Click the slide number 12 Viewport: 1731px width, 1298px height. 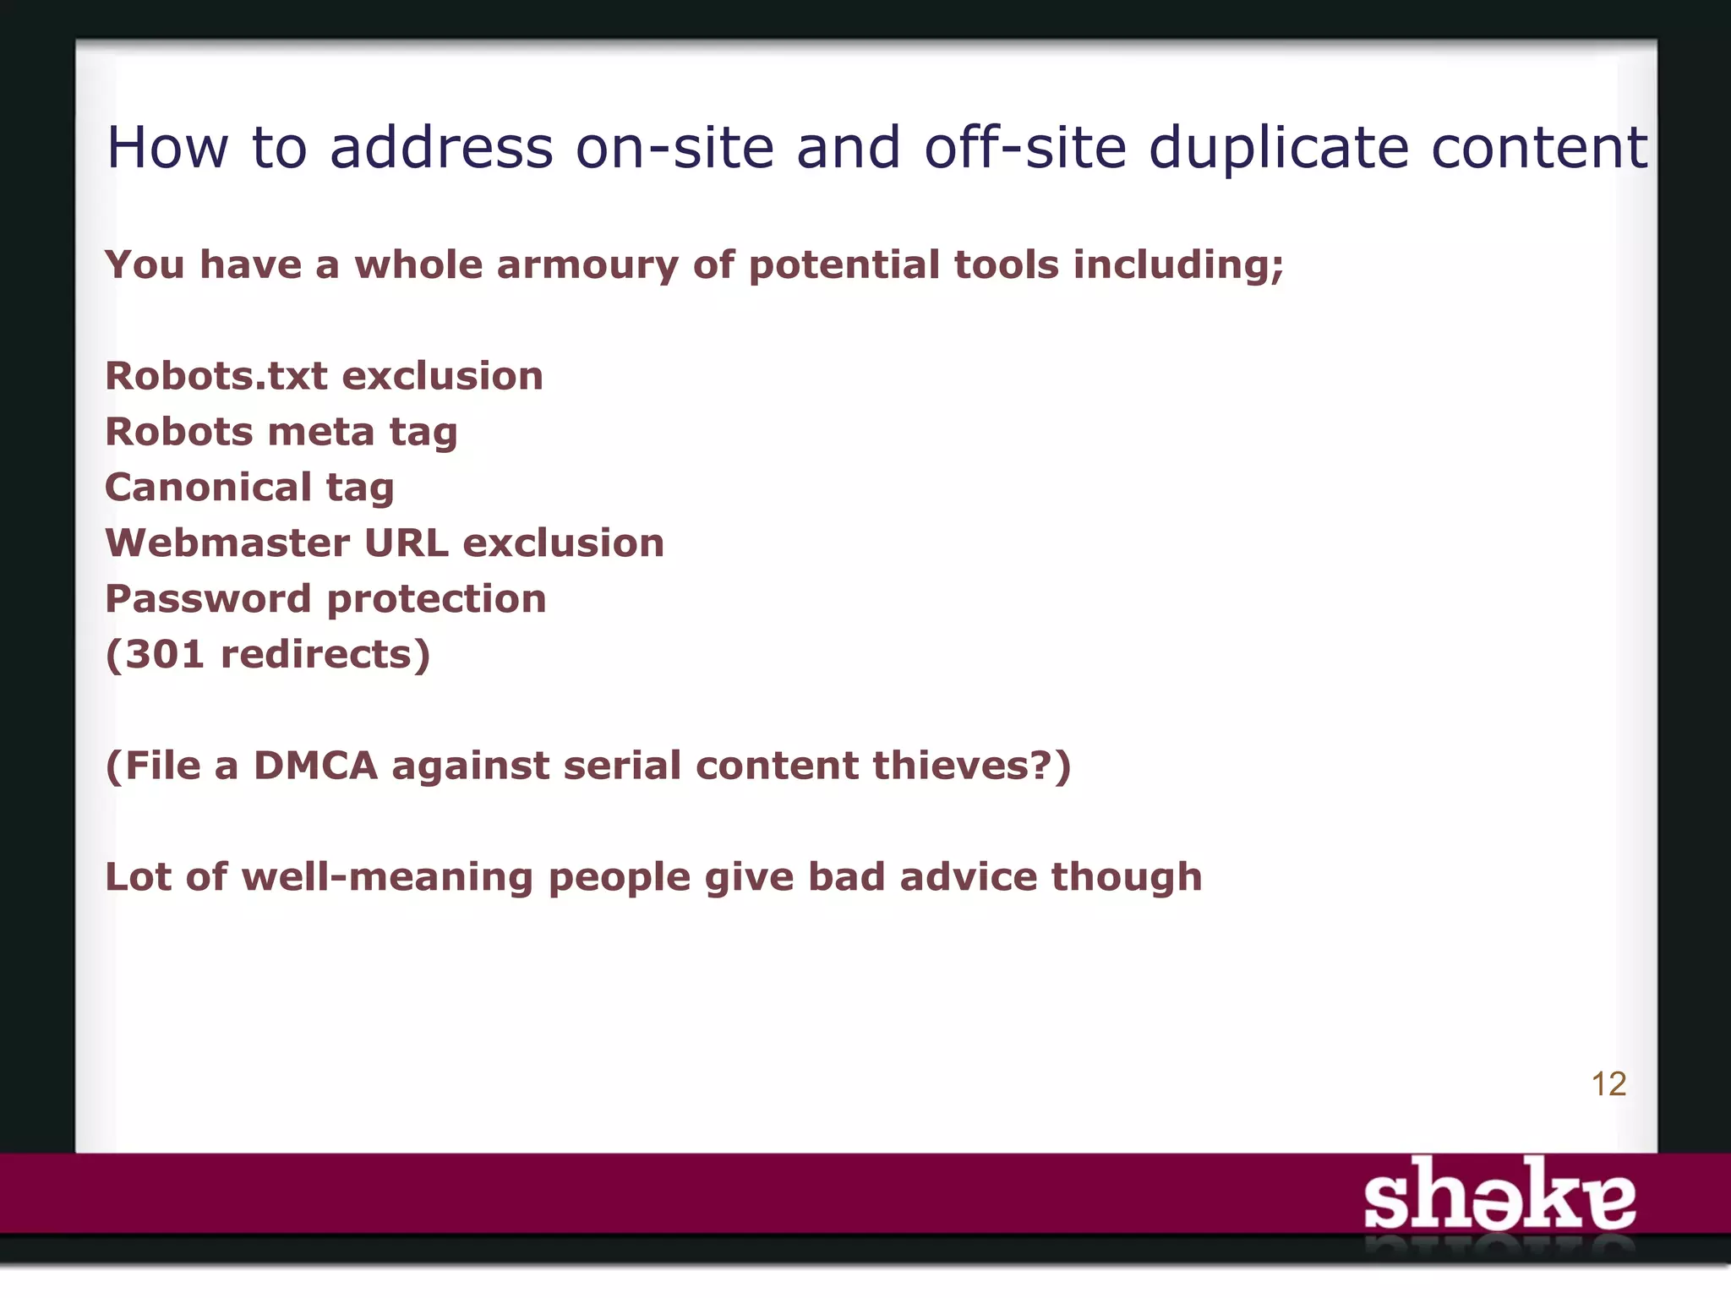click(1608, 1084)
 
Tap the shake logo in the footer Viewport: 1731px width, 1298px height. click(1499, 1195)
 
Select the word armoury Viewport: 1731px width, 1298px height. click(587, 265)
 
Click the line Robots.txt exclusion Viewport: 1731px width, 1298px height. click(324, 376)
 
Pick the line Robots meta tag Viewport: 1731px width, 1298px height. click(281, 432)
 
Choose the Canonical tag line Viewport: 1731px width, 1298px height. click(249, 488)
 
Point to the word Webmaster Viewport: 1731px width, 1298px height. click(227, 543)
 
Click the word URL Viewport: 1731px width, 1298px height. click(407, 543)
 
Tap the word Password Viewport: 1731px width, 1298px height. click(208, 599)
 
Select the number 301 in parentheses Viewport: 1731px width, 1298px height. click(165, 655)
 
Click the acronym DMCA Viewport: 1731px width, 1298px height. click(315, 766)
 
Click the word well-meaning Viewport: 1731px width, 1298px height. click(387, 877)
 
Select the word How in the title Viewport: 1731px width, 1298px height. click(167, 149)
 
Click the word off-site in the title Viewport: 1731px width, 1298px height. click(1025, 149)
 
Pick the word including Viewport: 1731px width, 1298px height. click(1178, 265)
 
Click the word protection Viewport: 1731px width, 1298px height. click(436, 599)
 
